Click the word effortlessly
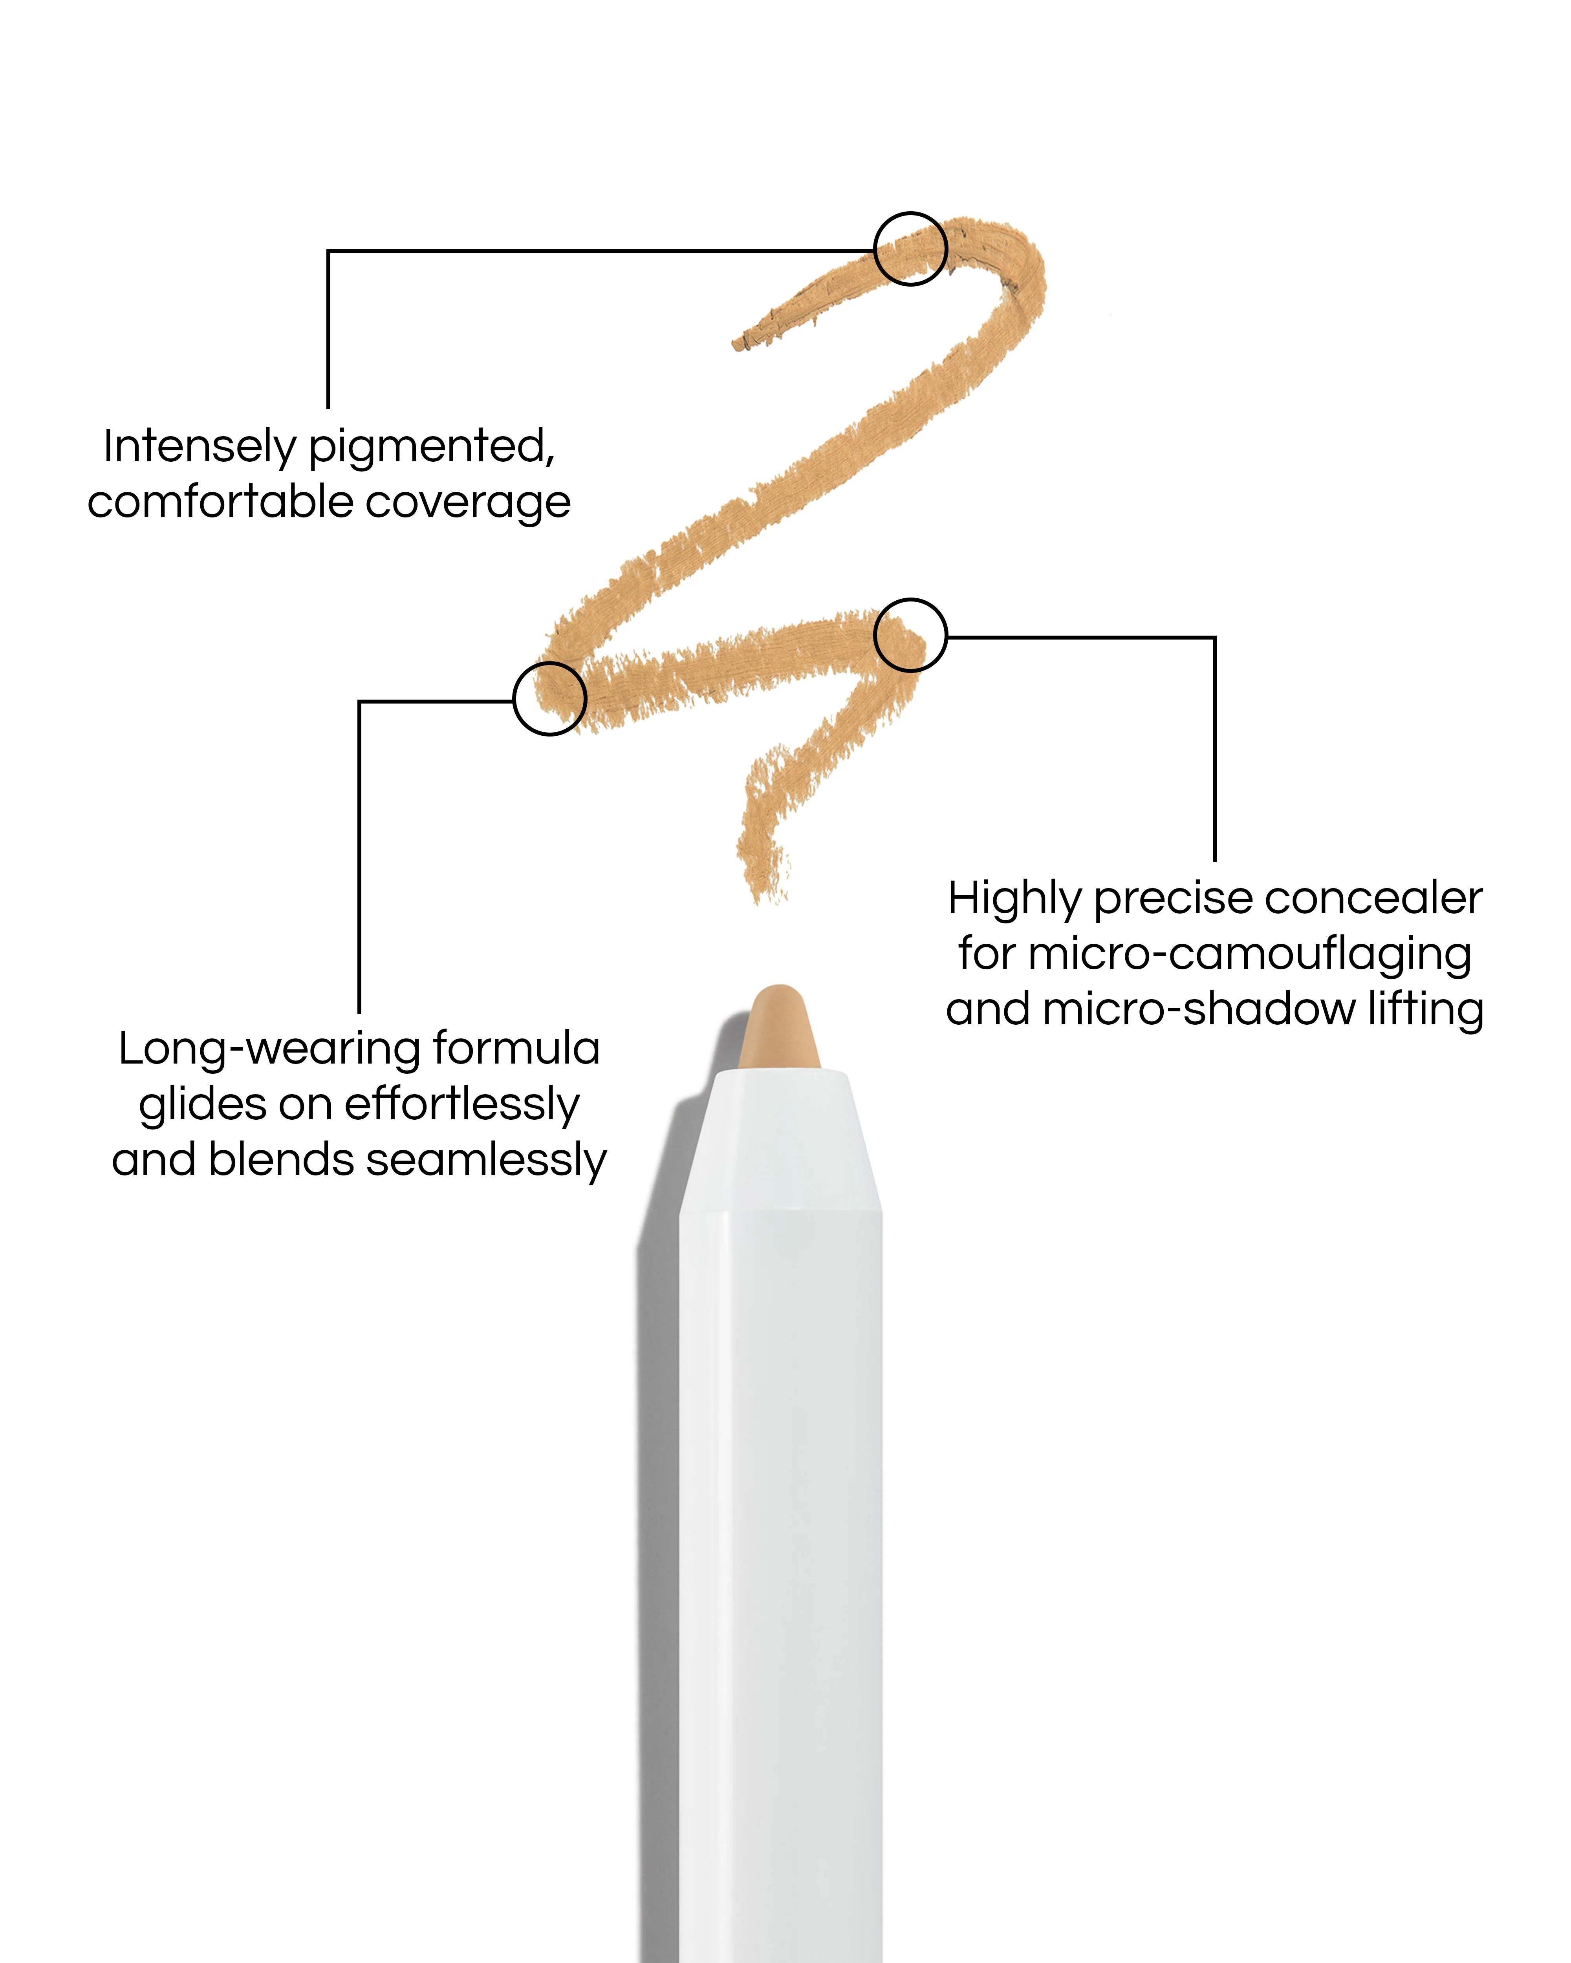tap(462, 1104)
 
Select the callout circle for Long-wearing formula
tap(549, 698)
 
